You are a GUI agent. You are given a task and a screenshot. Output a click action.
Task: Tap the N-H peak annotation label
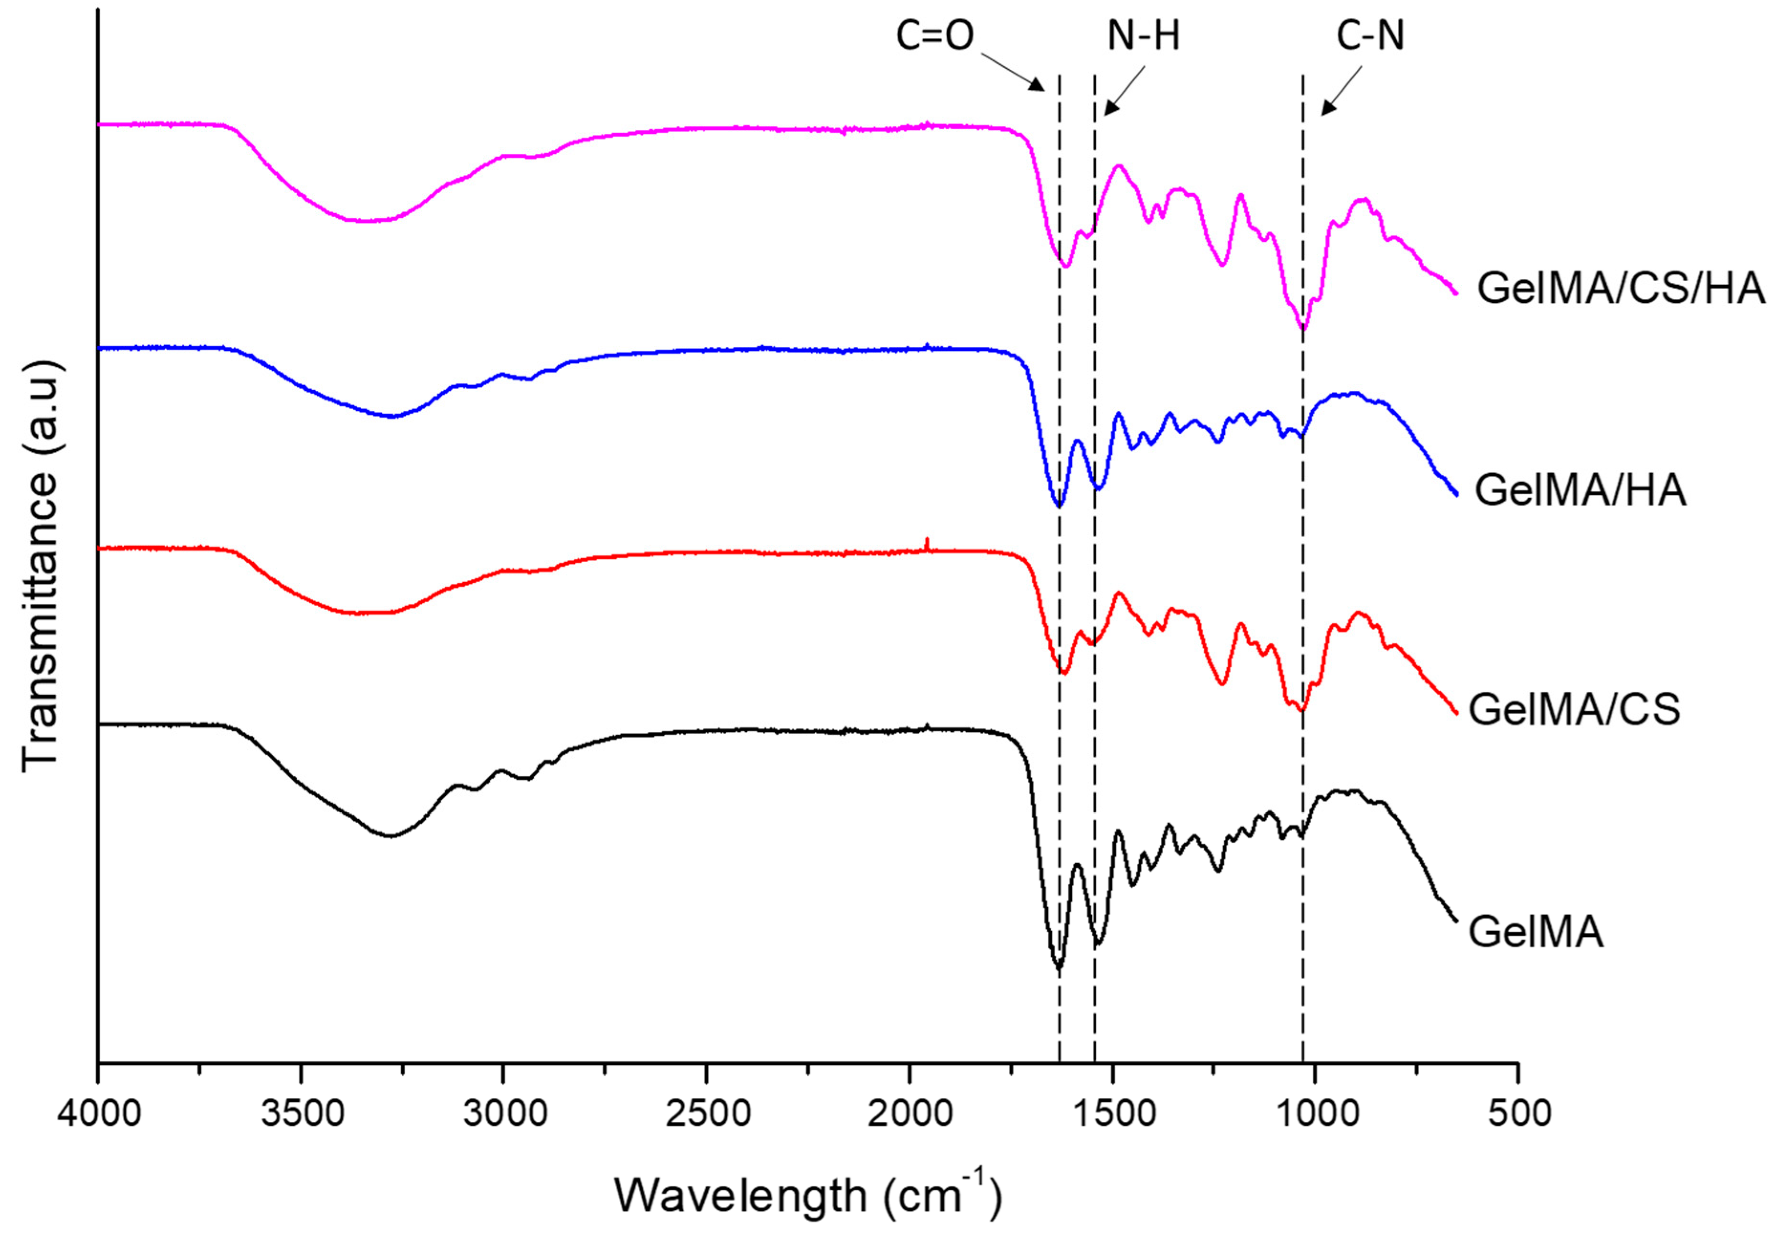(x=1143, y=36)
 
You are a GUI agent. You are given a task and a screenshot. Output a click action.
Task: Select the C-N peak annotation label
(x=1370, y=36)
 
